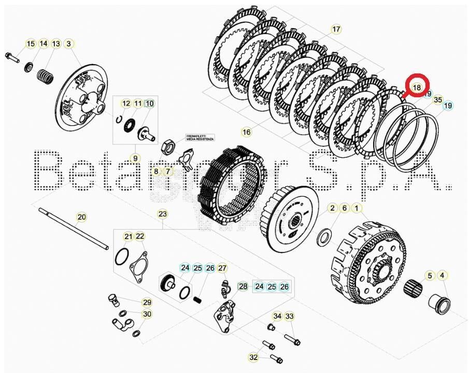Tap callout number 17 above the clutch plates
[336, 29]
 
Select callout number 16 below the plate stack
[246, 132]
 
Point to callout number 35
[438, 99]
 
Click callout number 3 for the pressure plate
[68, 43]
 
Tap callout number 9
[135, 158]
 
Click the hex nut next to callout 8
[169, 145]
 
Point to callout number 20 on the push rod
[81, 217]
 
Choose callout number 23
[162, 214]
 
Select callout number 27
[222, 268]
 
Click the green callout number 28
[243, 286]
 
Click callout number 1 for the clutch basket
[357, 208]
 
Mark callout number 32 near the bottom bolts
[253, 357]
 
